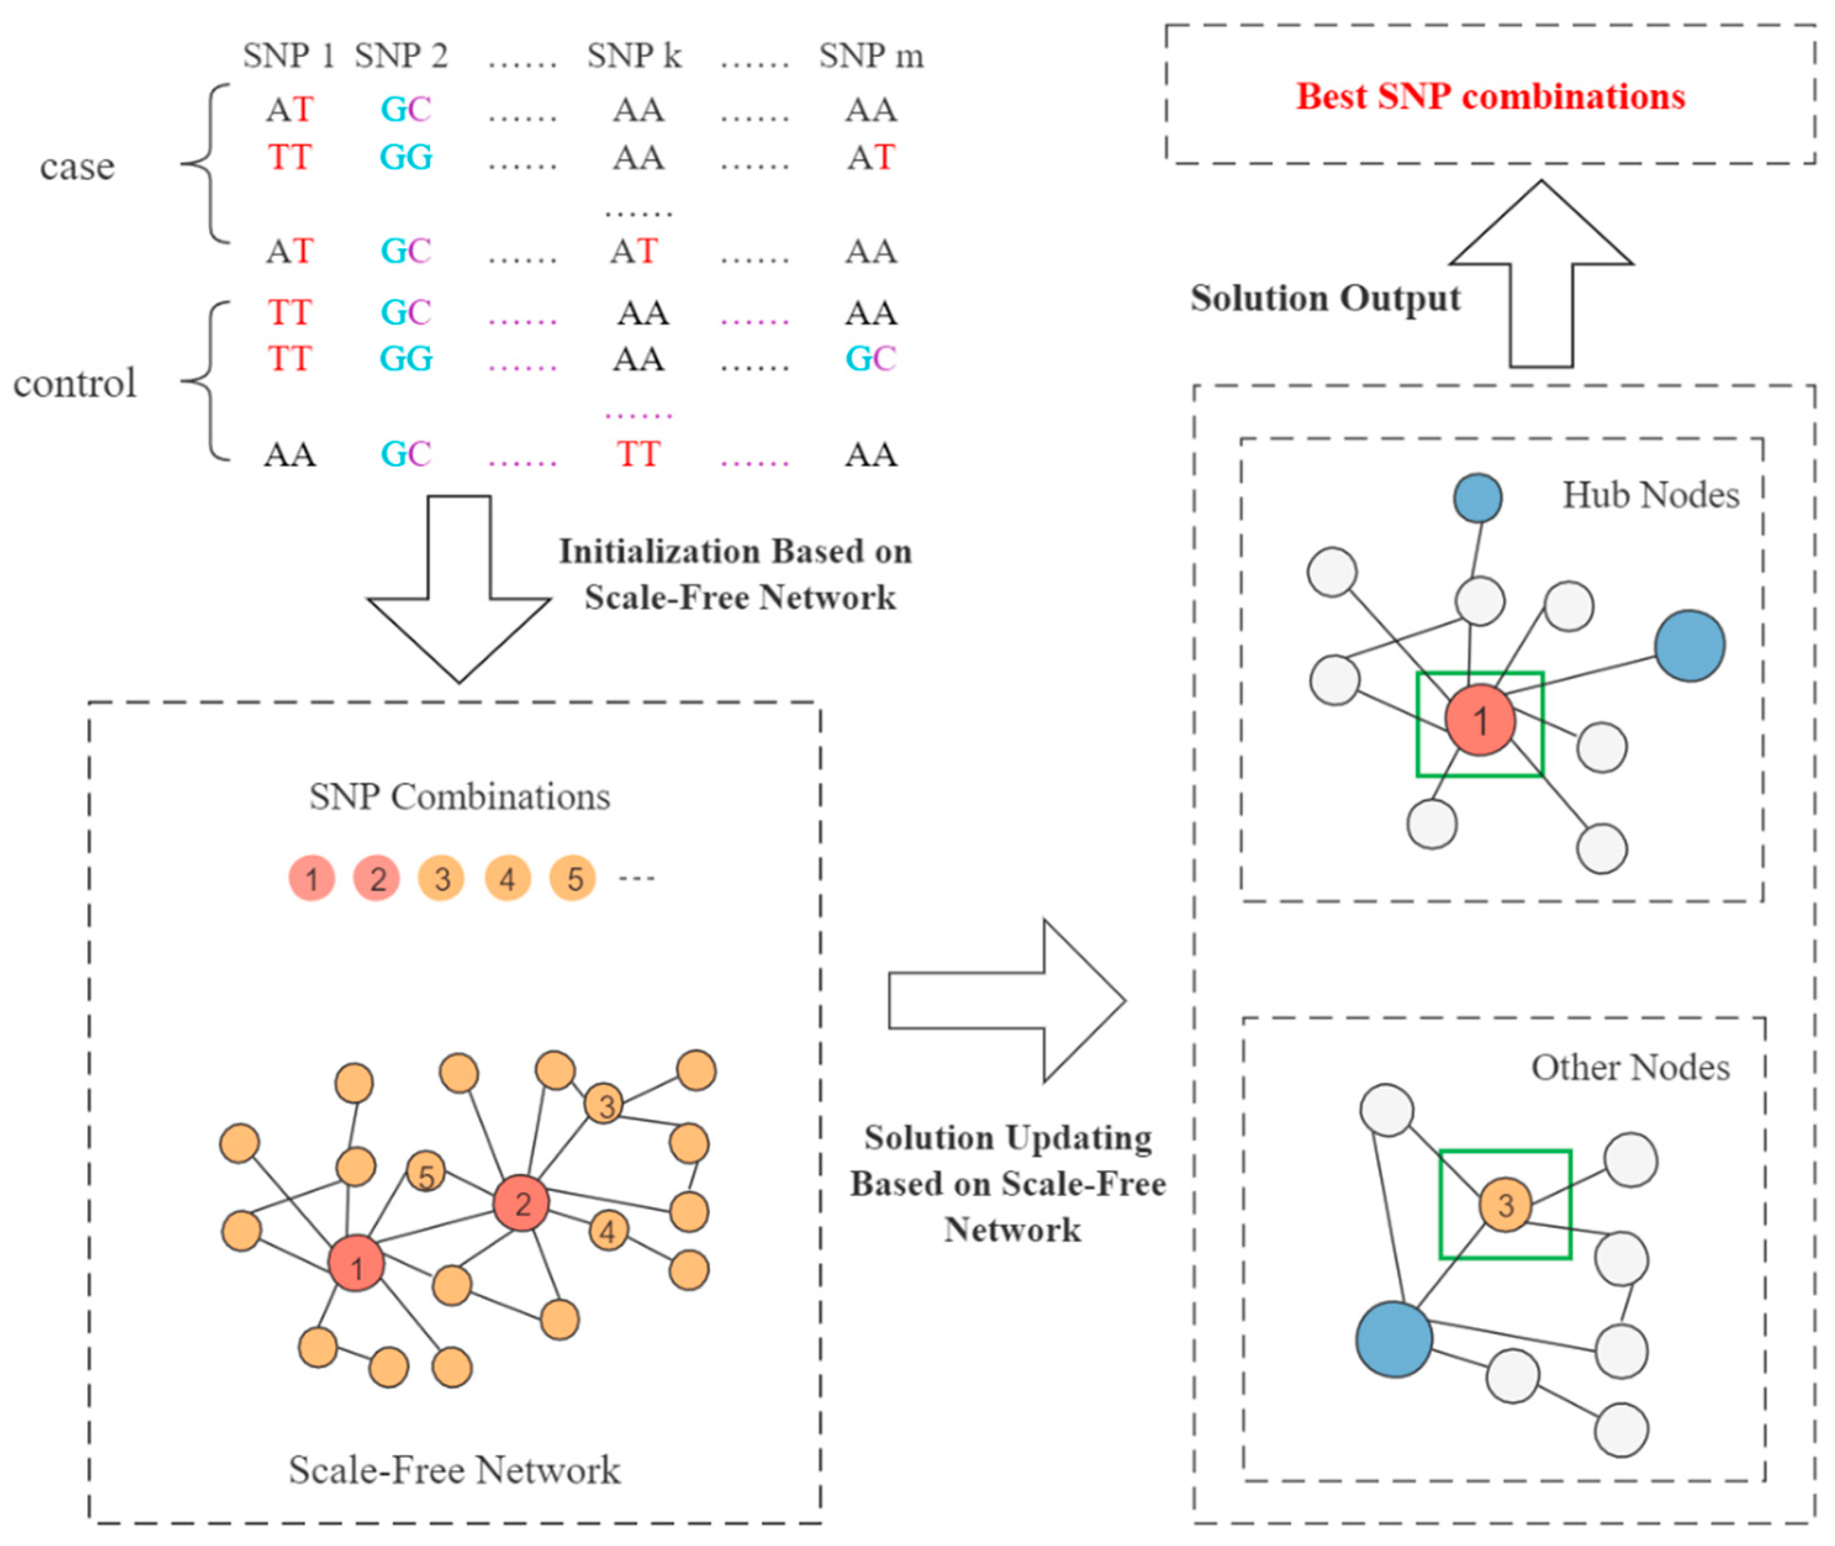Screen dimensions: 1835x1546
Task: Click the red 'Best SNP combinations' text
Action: click(1490, 96)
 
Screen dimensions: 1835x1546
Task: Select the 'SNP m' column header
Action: click(871, 56)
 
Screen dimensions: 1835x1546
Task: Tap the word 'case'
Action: click(77, 167)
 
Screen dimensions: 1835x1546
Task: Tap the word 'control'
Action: click(75, 383)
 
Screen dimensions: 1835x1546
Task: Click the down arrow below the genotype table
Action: click(459, 589)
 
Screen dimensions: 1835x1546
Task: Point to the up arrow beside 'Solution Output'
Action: click(1541, 273)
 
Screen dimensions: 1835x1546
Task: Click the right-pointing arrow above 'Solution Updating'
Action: click(1007, 1001)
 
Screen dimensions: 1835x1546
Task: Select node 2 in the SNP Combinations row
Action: click(377, 878)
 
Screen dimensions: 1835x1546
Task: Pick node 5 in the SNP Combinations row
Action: click(573, 878)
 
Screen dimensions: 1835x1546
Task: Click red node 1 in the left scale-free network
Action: click(356, 1263)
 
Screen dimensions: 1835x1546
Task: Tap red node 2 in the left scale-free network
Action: click(521, 1204)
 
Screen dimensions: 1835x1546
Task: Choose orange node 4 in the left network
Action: click(608, 1231)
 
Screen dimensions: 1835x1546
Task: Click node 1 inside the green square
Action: click(1480, 721)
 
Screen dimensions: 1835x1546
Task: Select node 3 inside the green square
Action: click(1506, 1205)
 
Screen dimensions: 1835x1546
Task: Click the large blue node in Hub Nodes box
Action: click(1689, 646)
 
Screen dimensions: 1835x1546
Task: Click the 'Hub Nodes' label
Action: click(1651, 495)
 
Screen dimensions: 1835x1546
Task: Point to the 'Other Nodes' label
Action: click(1631, 1067)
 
